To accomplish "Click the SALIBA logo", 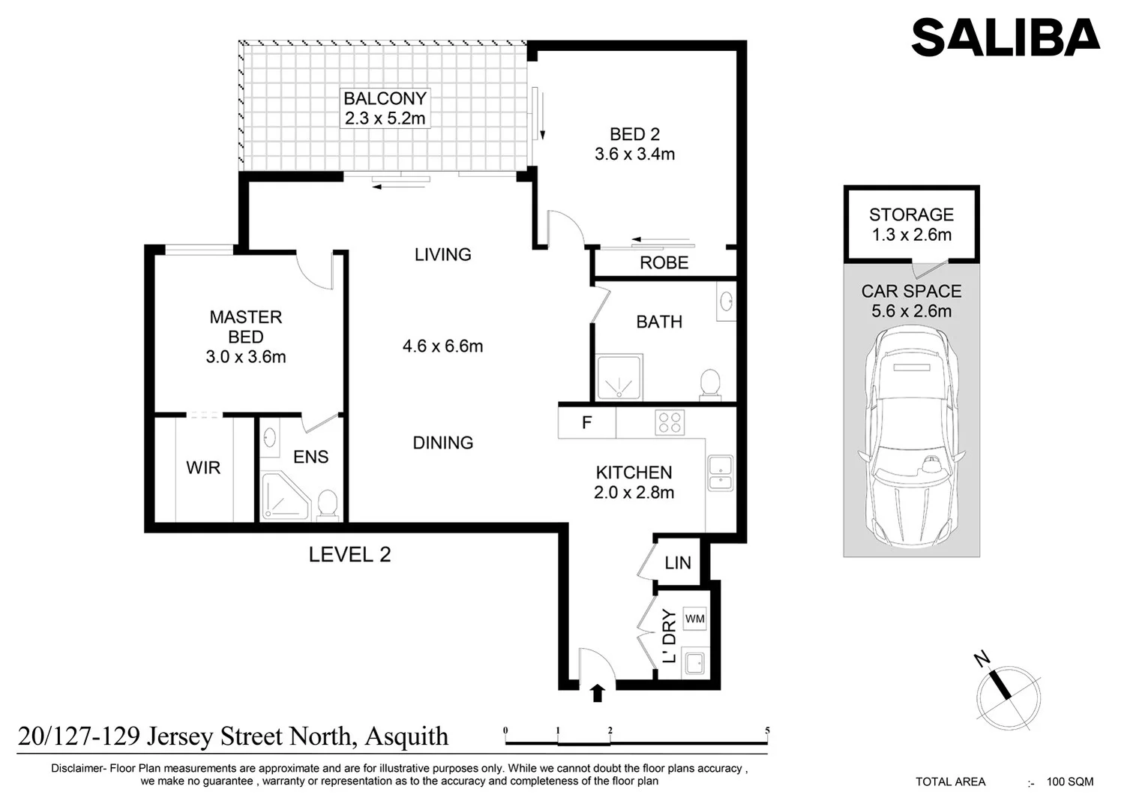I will pos(1005,37).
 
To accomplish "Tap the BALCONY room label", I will pos(385,98).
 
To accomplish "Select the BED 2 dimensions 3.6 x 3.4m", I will pos(634,154).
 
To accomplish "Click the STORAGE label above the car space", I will pos(911,214).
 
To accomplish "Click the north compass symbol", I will pos(1008,697).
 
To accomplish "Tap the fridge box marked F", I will pos(587,423).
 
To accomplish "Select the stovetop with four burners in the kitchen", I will pos(670,423).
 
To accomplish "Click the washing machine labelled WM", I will pos(694,619).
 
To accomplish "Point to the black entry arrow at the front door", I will pos(597,692).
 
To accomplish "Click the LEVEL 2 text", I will pos(349,555).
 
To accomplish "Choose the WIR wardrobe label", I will pos(203,468).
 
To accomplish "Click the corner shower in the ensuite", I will pos(283,496).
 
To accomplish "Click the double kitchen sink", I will pos(720,473).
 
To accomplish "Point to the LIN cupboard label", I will pos(678,562).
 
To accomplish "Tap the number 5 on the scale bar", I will pos(767,730).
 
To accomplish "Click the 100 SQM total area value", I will pos(1070,781).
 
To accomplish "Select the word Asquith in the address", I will pos(406,736).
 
